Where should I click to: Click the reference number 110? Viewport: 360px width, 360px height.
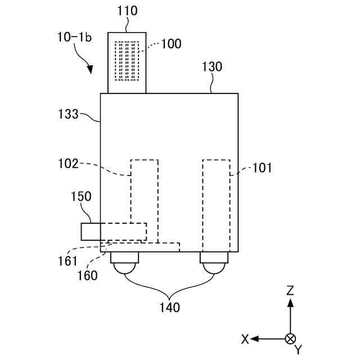(x=128, y=10)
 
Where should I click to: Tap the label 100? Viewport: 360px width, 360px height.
(x=171, y=44)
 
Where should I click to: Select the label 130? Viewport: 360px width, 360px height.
(x=212, y=67)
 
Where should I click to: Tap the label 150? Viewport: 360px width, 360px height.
(x=80, y=197)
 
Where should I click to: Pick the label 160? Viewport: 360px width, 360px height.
(x=87, y=276)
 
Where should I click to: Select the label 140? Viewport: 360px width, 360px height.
(x=169, y=308)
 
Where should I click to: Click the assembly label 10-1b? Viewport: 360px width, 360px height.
(x=74, y=37)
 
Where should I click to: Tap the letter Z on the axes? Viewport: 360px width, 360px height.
(x=290, y=290)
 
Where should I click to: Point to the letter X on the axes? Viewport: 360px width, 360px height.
(x=245, y=339)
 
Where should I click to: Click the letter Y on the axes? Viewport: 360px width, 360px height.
(x=298, y=350)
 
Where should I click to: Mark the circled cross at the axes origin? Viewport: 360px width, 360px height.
(x=290, y=339)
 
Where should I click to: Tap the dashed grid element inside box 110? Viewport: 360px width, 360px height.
(x=127, y=61)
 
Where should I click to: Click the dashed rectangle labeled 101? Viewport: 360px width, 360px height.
(x=217, y=205)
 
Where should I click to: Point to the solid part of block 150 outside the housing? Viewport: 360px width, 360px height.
(x=91, y=232)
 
